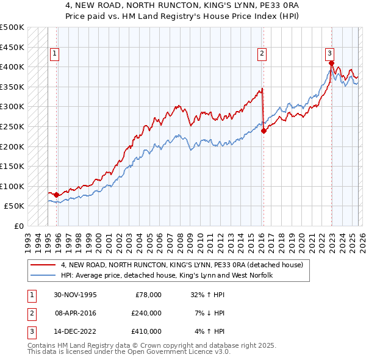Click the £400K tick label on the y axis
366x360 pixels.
pos(12,67)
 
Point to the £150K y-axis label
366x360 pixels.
pos(12,166)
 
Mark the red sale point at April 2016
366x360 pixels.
pos(264,131)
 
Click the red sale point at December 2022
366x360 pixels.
pos(331,63)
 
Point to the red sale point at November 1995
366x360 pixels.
pos(56,195)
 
